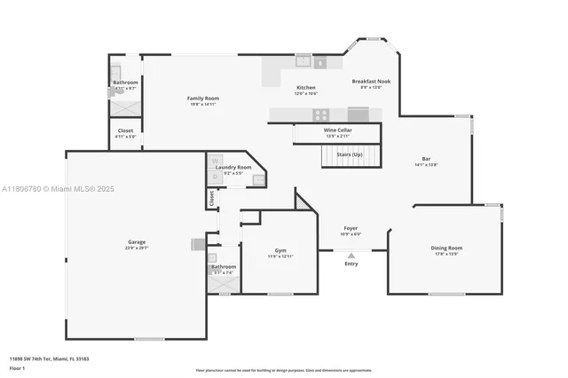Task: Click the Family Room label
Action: pos(202,98)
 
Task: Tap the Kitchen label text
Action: pos(305,88)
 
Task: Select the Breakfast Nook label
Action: pos(370,81)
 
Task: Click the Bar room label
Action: pos(426,159)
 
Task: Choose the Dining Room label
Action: pos(447,248)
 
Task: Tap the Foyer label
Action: pos(351,228)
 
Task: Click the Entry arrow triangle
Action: pos(351,255)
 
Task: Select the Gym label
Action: pos(280,250)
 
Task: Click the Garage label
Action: pos(136,242)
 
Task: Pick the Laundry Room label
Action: pos(233,167)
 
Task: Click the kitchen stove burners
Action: pos(320,114)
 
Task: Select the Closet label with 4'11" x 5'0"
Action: pos(125,130)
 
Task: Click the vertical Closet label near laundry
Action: pos(212,200)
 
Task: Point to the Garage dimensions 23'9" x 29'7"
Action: pos(136,248)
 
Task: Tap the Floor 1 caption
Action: pos(19,367)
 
